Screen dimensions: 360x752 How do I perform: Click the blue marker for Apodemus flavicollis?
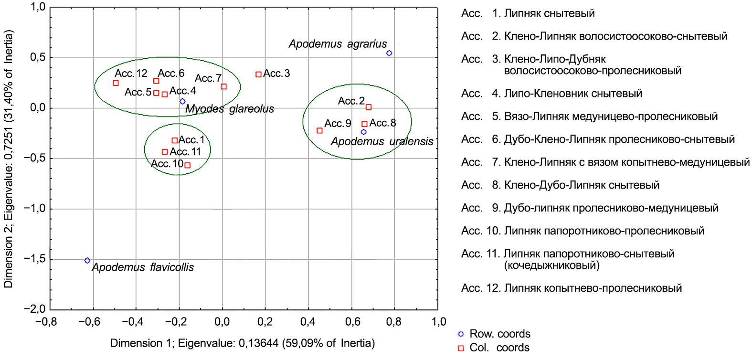[x=87, y=261]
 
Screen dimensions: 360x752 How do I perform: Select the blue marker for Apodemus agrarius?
[x=389, y=53]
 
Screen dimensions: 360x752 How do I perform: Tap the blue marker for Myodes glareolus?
[x=182, y=102]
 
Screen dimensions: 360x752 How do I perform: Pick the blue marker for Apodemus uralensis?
[x=363, y=132]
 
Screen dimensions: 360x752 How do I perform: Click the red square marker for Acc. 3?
[x=258, y=74]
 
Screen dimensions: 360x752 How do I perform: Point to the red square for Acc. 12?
[x=116, y=83]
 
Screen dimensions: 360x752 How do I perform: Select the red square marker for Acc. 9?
[x=319, y=131]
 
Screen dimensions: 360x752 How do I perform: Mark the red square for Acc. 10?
[x=187, y=166]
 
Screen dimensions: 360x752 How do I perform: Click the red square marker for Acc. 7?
[x=223, y=87]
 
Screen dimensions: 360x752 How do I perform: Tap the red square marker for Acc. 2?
[x=369, y=107]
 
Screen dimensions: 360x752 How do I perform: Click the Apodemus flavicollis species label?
[x=143, y=267]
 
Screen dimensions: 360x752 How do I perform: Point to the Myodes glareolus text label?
[x=230, y=109]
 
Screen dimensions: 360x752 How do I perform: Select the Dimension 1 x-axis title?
[x=243, y=343]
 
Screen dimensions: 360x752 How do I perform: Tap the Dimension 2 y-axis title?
[x=9, y=159]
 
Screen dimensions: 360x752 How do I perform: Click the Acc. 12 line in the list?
[x=571, y=288]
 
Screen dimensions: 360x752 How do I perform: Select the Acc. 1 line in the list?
[x=528, y=13]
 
